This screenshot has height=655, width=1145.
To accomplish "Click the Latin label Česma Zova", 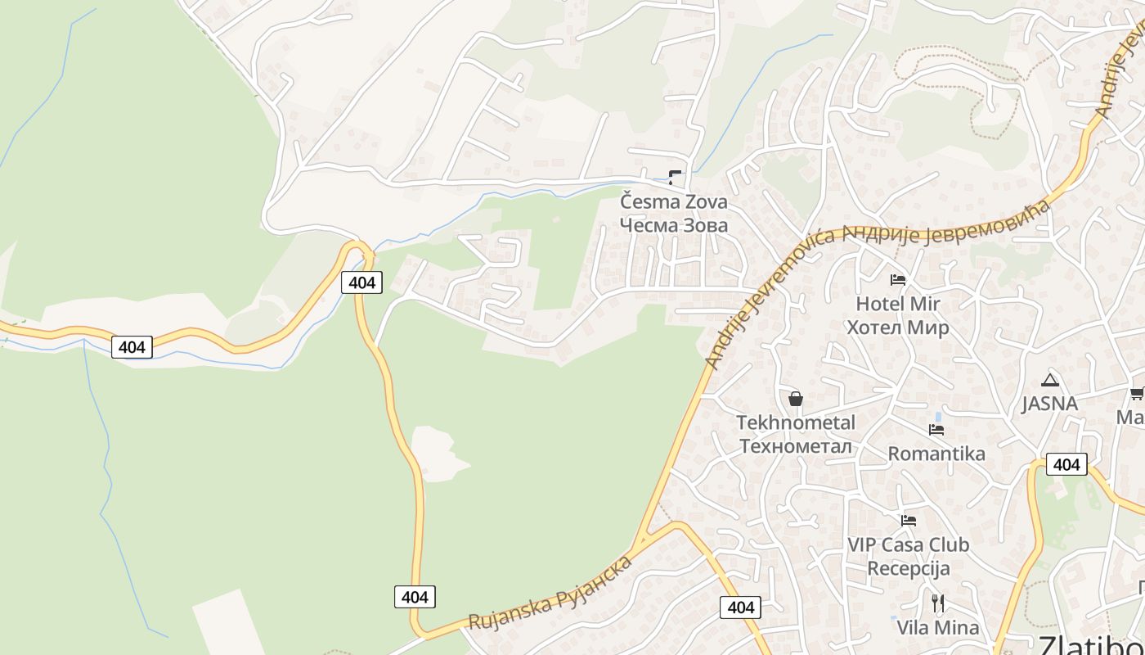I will (x=673, y=201).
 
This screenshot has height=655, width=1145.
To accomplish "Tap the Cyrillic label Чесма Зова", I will (x=673, y=225).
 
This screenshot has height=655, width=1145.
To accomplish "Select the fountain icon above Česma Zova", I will (x=675, y=176).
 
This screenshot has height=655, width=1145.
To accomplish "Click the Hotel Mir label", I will (x=897, y=304).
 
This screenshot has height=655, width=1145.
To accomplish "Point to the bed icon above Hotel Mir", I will (x=898, y=280).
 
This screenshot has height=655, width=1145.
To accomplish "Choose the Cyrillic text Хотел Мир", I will (x=897, y=327).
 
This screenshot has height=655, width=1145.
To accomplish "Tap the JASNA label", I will (x=1049, y=404).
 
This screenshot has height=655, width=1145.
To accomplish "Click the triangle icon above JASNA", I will (x=1050, y=380).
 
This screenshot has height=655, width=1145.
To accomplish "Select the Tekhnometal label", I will (x=796, y=422).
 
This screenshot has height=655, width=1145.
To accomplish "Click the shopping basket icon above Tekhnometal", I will (x=796, y=400).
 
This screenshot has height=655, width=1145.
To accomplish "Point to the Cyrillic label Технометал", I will (x=796, y=446).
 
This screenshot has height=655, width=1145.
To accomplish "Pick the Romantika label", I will (x=936, y=454).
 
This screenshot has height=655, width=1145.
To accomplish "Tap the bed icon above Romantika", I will (x=936, y=430).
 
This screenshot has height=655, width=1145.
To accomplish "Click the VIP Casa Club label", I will (x=908, y=544).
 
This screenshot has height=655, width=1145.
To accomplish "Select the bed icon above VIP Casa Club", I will (x=908, y=521).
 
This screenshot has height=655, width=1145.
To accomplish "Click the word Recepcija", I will (x=908, y=568).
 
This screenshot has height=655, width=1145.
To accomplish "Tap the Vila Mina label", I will (x=937, y=628).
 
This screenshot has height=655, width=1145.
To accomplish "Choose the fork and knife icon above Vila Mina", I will (x=938, y=604).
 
